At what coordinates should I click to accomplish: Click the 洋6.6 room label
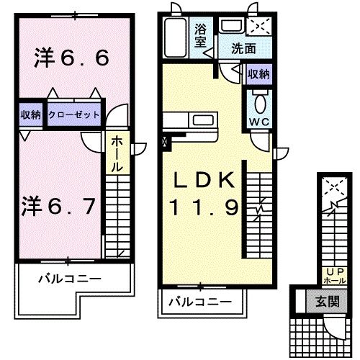[x=71, y=58]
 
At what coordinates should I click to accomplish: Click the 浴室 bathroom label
[x=202, y=35]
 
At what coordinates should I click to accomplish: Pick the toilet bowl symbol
[x=258, y=99]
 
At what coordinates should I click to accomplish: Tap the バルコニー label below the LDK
[x=201, y=302]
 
